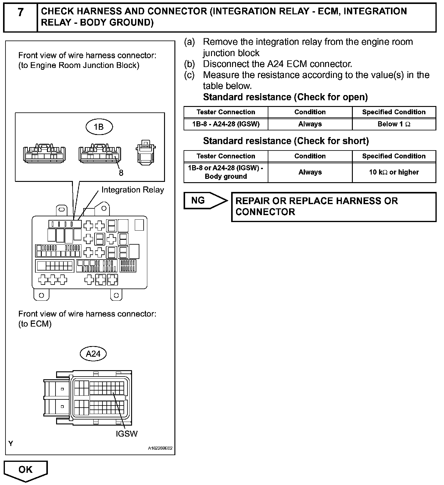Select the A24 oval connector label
point(93,354)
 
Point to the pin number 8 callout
point(121,173)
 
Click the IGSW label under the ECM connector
point(127,434)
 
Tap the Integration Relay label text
point(133,190)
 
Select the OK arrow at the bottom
point(26,470)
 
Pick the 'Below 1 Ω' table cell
point(394,124)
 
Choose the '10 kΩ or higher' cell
point(394,172)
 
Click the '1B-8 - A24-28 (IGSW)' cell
point(226,124)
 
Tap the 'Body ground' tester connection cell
point(226,172)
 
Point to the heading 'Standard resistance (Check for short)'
point(286,141)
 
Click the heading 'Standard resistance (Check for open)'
point(285,97)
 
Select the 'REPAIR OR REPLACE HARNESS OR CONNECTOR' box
point(334,207)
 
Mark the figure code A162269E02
point(160,448)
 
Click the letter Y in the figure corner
point(11,444)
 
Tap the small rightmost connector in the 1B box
point(145,152)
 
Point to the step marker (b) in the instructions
point(189,64)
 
